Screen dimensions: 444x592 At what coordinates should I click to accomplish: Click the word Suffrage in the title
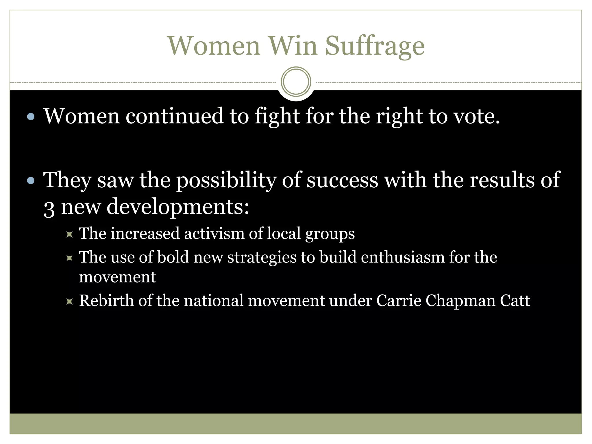click(x=375, y=46)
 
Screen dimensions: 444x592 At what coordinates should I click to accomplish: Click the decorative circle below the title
click(x=296, y=82)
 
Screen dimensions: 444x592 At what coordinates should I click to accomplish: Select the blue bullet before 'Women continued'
click(x=31, y=117)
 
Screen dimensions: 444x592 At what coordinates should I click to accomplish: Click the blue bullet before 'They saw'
click(x=31, y=181)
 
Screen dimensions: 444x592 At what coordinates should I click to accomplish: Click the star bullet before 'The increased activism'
click(x=69, y=234)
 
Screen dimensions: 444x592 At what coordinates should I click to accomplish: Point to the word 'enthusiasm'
click(x=403, y=257)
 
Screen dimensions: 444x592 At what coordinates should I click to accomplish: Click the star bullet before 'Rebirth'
click(x=69, y=301)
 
